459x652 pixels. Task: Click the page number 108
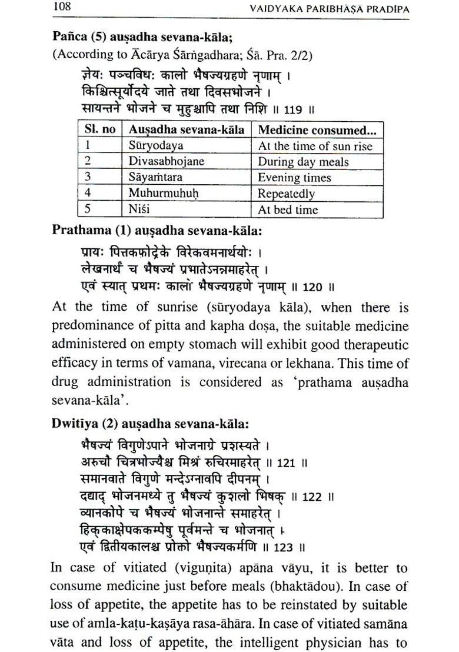pos(62,8)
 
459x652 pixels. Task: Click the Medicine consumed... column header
pos(317,129)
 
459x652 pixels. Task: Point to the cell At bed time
pos(288,209)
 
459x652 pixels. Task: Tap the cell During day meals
pos(303,162)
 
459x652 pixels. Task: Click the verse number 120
pos(312,288)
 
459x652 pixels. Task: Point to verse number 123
pos(283,547)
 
